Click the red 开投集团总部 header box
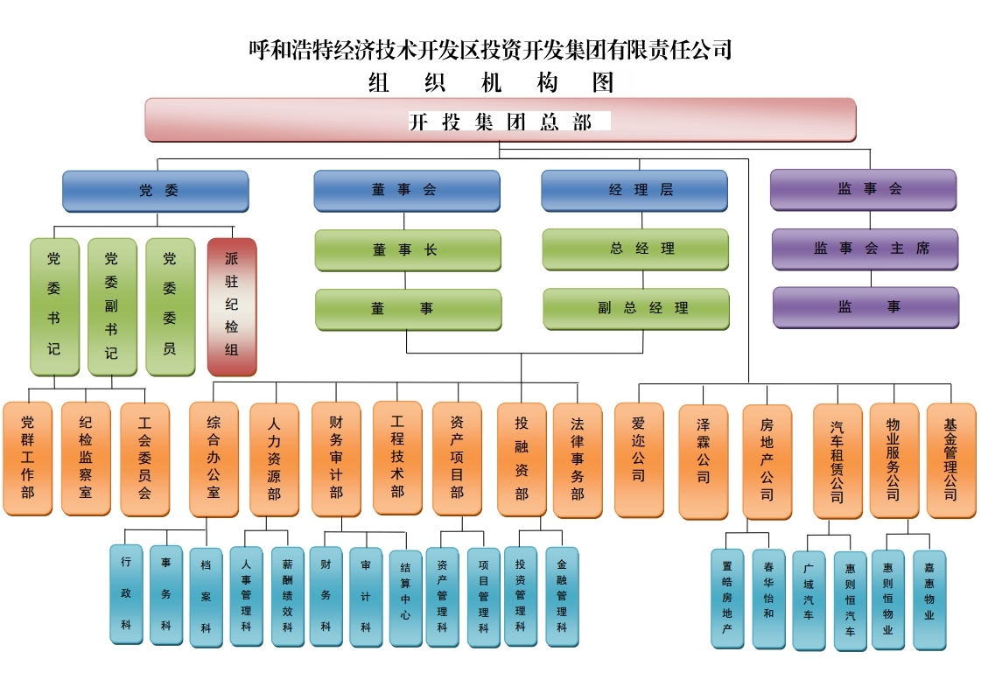[500, 120]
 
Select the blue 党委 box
[156, 191]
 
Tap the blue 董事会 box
[407, 191]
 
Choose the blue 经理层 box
[634, 191]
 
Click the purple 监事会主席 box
[865, 249]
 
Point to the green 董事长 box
[408, 250]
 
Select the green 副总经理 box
[636, 309]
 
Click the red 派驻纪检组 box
[232, 305]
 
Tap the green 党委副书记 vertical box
[111, 305]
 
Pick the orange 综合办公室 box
[214, 458]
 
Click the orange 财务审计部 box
[336, 458]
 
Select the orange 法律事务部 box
[578, 459]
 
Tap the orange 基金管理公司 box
[950, 459]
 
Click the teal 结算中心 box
[406, 598]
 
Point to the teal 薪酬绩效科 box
[287, 597]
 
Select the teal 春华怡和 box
[768, 599]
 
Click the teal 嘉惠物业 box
[929, 599]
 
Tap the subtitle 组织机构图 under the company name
[491, 82]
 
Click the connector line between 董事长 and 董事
[406, 280]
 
